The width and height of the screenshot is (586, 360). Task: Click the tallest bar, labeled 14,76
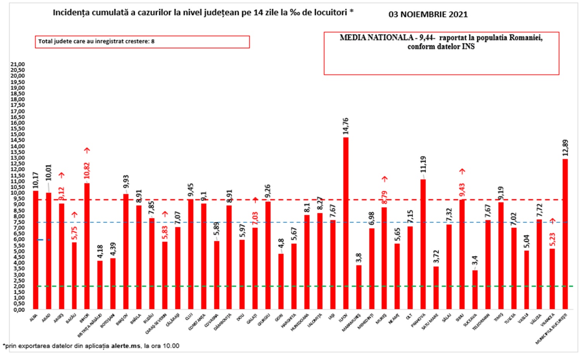pyautogui.click(x=345, y=223)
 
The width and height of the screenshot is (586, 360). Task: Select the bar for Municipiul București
pyautogui.click(x=565, y=234)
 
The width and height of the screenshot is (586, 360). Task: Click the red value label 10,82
pyautogui.click(x=87, y=170)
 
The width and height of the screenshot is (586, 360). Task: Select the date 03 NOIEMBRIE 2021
pyautogui.click(x=428, y=15)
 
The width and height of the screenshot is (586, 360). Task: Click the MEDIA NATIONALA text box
pyautogui.click(x=441, y=53)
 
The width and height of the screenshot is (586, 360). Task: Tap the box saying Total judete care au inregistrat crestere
pyautogui.click(x=142, y=42)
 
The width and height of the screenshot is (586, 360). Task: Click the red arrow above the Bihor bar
pyautogui.click(x=87, y=150)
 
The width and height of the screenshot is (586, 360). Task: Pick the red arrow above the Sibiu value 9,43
pyautogui.click(x=462, y=171)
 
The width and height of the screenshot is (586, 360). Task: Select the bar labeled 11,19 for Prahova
pyautogui.click(x=423, y=244)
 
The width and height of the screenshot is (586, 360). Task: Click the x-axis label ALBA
pyautogui.click(x=34, y=318)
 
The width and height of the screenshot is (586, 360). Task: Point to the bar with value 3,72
pyautogui.click(x=436, y=288)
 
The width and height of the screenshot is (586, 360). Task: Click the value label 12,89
pyautogui.click(x=565, y=147)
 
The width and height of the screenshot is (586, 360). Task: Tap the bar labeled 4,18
pyautogui.click(x=100, y=285)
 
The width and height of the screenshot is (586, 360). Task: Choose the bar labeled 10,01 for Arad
pyautogui.click(x=48, y=251)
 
